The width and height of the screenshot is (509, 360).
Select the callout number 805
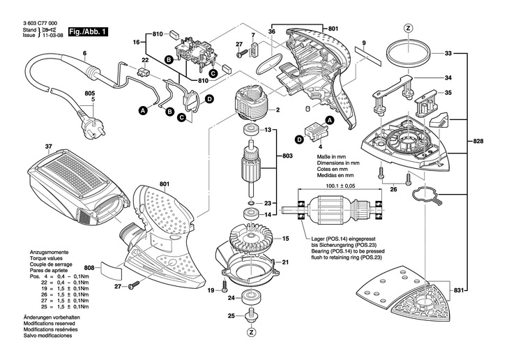[89, 93]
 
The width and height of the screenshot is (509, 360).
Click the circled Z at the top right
[409, 28]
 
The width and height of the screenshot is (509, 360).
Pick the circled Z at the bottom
[250, 332]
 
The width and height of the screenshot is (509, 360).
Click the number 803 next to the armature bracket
[287, 157]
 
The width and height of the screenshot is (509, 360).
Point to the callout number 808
[89, 267]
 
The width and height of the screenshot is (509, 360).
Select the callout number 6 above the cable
[84, 54]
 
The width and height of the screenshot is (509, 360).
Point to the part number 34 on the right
[448, 77]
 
